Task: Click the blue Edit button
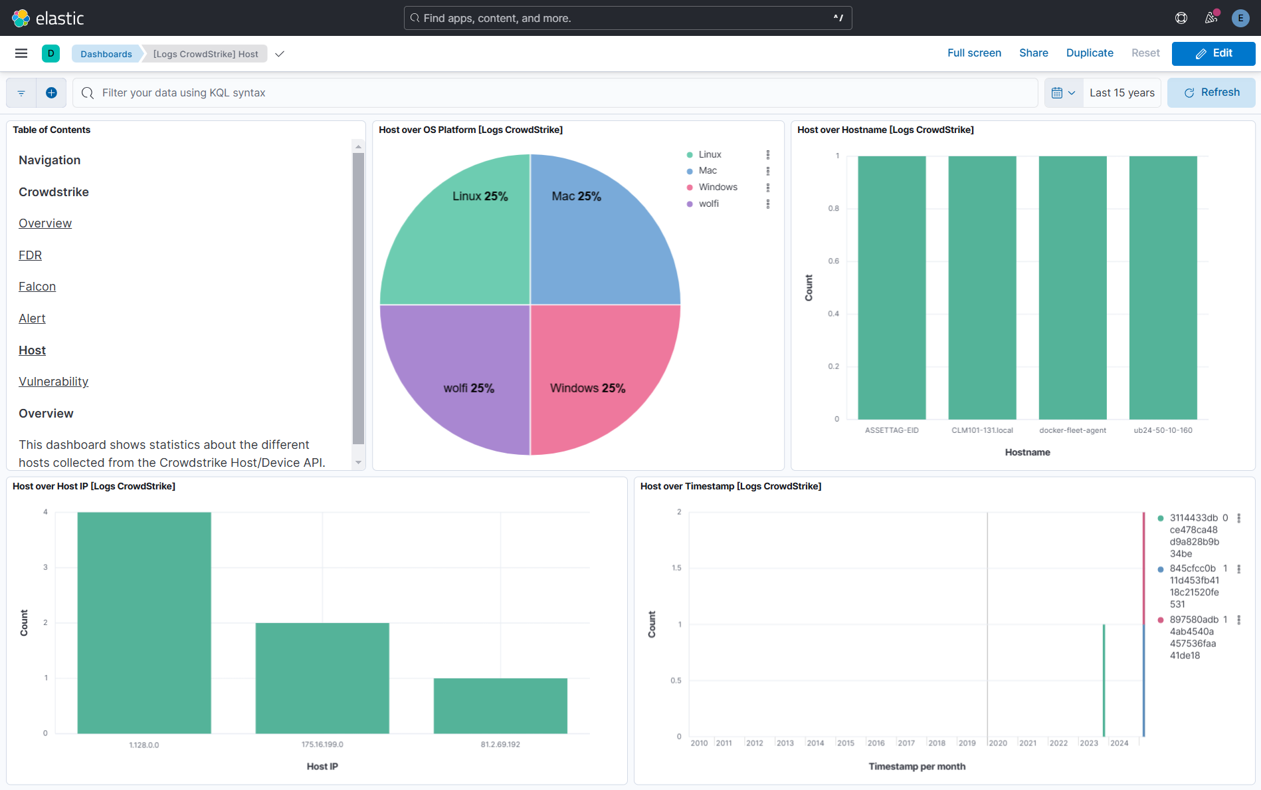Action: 1213,53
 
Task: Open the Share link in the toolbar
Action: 1033,53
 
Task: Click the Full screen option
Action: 974,53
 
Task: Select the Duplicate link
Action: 1090,53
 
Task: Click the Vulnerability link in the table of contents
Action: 53,382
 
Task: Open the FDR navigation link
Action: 30,255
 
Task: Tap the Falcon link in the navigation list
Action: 37,287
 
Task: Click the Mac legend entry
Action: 708,171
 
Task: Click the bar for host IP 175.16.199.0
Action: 322,678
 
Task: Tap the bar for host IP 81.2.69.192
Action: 500,706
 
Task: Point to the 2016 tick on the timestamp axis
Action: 876,743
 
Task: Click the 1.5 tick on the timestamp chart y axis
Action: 676,568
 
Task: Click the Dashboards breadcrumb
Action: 106,54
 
